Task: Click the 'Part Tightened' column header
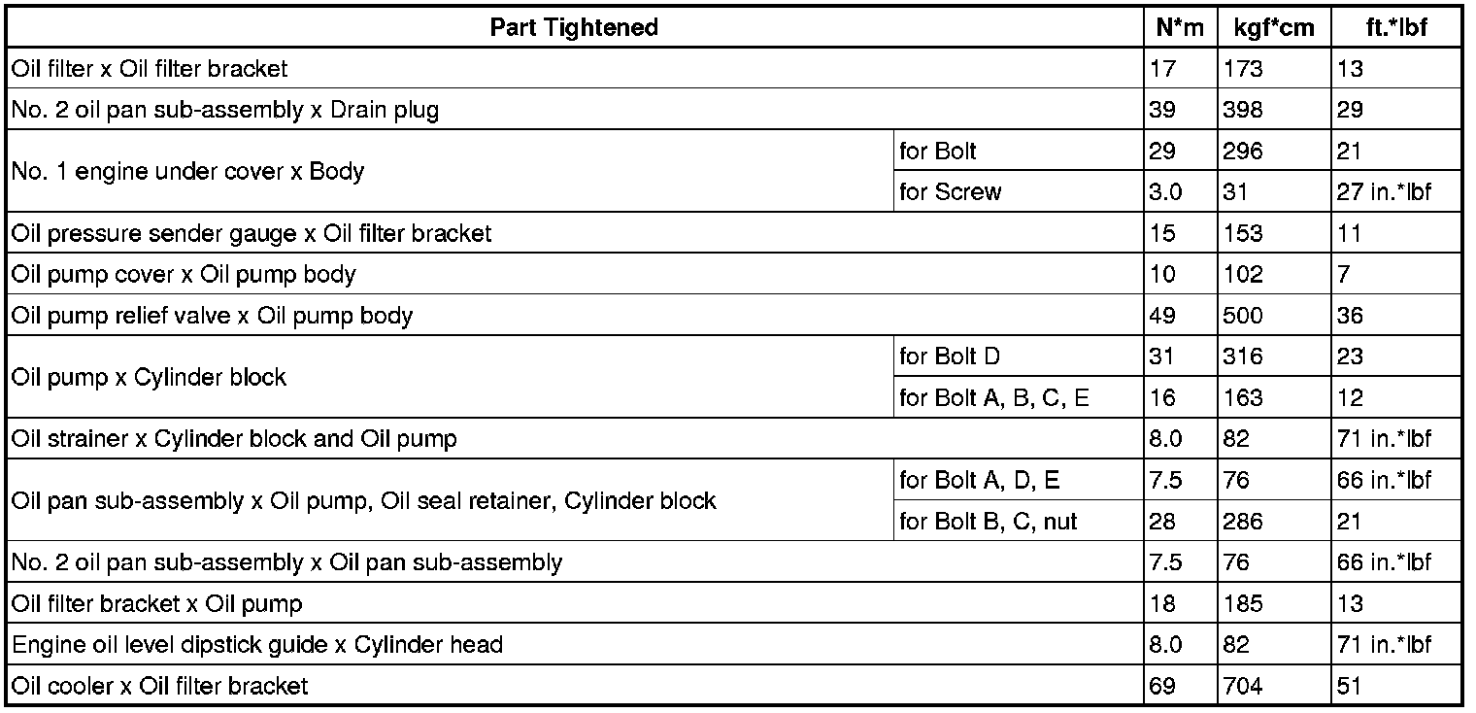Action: coord(574,27)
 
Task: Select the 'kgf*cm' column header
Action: coord(1274,27)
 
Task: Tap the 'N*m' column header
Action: coord(1180,27)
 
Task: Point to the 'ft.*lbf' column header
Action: coord(1395,27)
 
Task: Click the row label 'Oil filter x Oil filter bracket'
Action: coord(150,69)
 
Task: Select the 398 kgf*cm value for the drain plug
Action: coord(1244,110)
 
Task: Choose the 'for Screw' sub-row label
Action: coord(950,192)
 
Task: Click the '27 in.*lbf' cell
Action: coord(1384,192)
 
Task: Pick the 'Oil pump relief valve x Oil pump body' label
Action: coord(212,316)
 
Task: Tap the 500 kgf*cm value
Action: coord(1244,316)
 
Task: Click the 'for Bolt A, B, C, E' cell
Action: coord(994,398)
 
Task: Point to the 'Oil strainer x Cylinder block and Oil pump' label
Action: coord(233,439)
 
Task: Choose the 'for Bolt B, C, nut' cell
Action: coord(989,522)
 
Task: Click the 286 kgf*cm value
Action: coord(1244,522)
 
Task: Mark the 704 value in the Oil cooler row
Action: coord(1244,687)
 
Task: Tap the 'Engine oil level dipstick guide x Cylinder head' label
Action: coord(256,645)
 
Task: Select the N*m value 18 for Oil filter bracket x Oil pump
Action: coord(1162,604)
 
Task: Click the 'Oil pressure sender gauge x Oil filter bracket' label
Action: coord(252,233)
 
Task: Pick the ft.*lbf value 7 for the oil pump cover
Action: coord(1344,275)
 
